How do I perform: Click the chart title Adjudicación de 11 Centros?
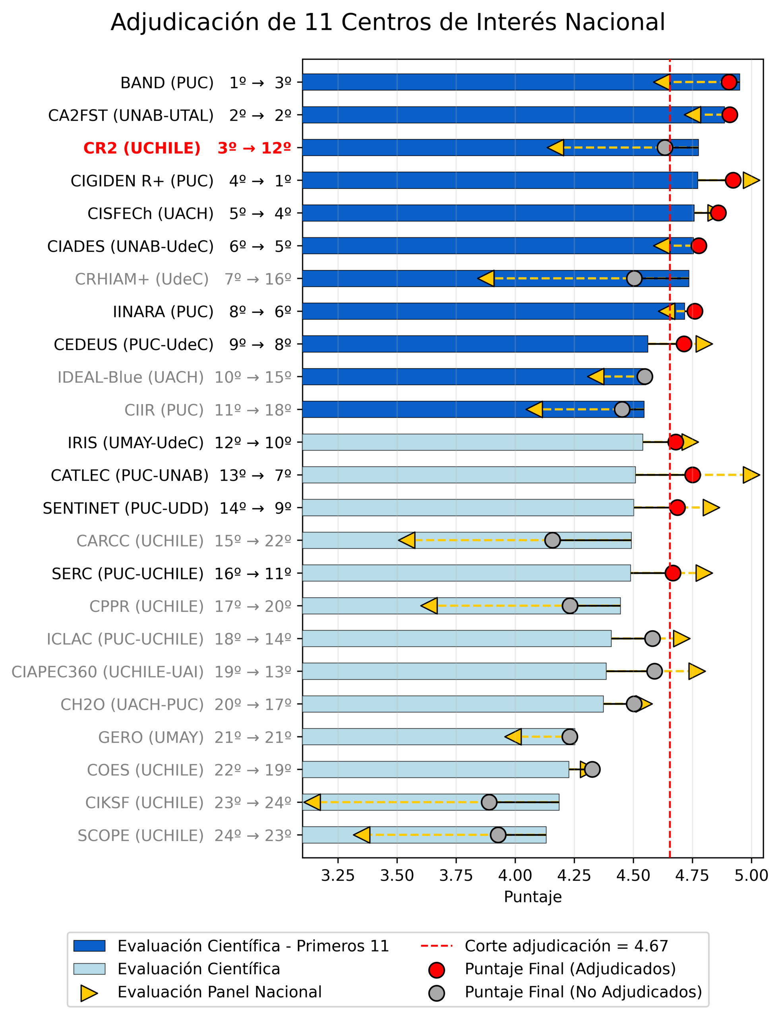coord(388,22)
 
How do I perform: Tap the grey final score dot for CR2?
coord(665,148)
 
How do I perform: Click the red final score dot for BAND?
coord(729,82)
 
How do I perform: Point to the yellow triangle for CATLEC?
coord(750,475)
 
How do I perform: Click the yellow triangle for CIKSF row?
coord(312,802)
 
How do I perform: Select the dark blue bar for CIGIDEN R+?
coord(499,180)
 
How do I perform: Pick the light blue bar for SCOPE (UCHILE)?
coord(424,835)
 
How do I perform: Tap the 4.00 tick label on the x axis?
coord(515,876)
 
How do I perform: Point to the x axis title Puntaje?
coord(532,897)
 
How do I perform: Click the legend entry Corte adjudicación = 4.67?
coord(566,946)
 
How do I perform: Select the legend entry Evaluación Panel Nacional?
coord(219,992)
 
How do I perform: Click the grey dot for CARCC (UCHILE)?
coord(552,540)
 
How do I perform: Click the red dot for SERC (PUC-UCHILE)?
coord(673,573)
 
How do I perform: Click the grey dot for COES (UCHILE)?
coord(592,769)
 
